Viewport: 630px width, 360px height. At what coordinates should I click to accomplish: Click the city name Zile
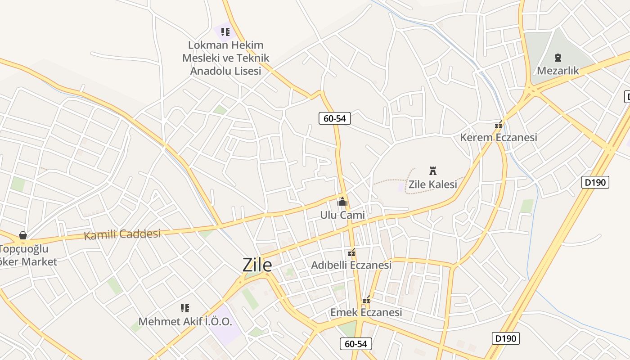tap(257, 265)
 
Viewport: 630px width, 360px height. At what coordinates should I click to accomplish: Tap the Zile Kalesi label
tap(432, 184)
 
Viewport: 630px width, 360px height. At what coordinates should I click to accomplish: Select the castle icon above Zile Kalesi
tap(433, 171)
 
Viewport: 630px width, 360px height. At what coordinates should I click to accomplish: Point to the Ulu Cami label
tap(342, 215)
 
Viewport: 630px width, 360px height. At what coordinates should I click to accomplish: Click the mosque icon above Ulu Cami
tap(342, 202)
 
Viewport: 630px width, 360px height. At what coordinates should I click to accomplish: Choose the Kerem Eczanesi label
tap(499, 137)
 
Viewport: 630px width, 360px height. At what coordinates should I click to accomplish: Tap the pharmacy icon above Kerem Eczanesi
tap(499, 125)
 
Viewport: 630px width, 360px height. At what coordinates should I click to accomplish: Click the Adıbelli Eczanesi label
tap(351, 265)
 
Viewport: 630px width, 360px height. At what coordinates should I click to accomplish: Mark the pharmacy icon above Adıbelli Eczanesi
tap(352, 253)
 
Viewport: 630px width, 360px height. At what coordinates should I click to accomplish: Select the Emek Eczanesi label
tap(366, 312)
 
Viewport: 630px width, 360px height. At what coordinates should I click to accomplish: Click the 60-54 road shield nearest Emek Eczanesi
tap(355, 344)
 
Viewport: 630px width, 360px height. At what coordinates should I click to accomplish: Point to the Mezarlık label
tap(558, 71)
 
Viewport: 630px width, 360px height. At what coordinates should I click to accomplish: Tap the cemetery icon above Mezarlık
tap(558, 58)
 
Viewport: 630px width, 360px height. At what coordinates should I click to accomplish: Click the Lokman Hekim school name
tap(225, 58)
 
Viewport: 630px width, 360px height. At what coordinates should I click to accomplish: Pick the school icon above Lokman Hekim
tap(225, 32)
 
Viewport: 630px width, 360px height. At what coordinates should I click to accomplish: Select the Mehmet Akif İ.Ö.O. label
tap(185, 322)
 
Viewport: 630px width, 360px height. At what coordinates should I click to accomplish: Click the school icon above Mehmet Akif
tap(185, 308)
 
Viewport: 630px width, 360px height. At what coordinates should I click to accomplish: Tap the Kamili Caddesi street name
tap(122, 234)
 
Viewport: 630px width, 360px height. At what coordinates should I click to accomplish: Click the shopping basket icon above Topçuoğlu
tap(23, 235)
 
